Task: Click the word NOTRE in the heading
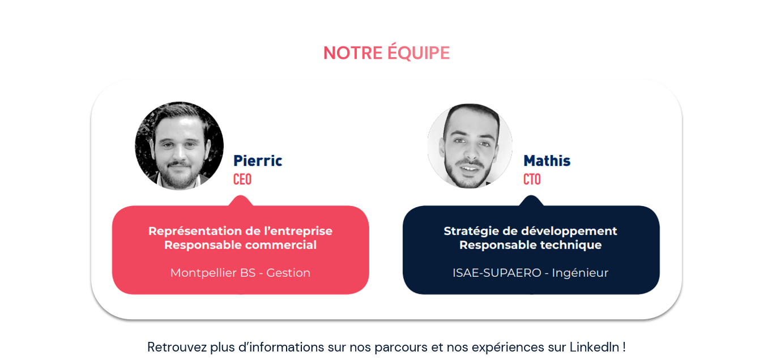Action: pyautogui.click(x=353, y=53)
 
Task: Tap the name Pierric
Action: pyautogui.click(x=258, y=161)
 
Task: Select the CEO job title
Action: pyautogui.click(x=242, y=179)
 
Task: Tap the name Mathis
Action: pyautogui.click(x=547, y=161)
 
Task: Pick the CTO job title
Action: pyautogui.click(x=532, y=179)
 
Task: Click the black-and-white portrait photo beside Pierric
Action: pyautogui.click(x=179, y=145)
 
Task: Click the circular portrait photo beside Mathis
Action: pyautogui.click(x=470, y=145)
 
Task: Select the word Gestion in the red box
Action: pyautogui.click(x=288, y=273)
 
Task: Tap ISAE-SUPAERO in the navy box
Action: pyautogui.click(x=497, y=273)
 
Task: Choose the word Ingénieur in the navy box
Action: pyautogui.click(x=580, y=273)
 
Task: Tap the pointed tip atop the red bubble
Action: pyautogui.click(x=241, y=196)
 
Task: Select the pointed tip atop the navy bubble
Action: pyautogui.click(x=531, y=196)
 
